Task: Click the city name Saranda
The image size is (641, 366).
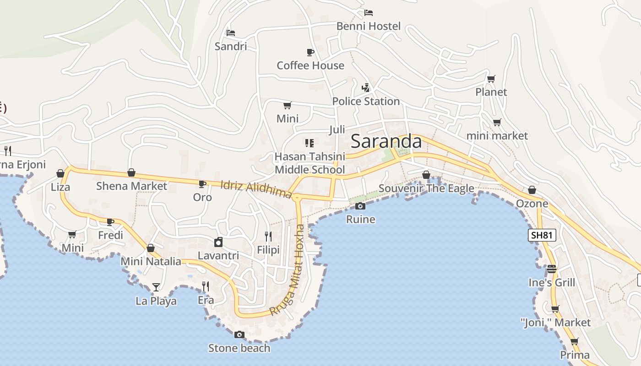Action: [386, 141]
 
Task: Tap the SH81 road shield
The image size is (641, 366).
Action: [542, 236]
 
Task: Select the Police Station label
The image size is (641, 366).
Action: [366, 102]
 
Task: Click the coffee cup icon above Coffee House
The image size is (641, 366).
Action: [310, 52]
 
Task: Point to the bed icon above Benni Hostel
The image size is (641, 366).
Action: [369, 13]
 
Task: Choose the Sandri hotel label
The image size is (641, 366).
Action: [231, 46]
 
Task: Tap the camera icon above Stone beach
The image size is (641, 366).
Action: [239, 335]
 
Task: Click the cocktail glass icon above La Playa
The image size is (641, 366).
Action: [156, 287]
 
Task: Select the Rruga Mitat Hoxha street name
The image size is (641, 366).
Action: [287, 270]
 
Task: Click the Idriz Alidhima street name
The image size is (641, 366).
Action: [256, 189]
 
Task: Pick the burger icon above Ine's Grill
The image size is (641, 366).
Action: [551, 269]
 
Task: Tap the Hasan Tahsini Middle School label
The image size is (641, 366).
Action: [310, 163]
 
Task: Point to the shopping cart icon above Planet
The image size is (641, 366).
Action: [491, 79]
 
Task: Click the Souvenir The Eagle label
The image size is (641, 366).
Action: [426, 188]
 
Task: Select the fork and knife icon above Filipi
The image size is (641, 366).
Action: [268, 237]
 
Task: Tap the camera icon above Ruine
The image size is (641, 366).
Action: [360, 206]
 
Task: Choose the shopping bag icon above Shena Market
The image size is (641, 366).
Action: [131, 172]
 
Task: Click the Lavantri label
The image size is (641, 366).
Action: [218, 255]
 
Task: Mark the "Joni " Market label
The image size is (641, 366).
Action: [556, 323]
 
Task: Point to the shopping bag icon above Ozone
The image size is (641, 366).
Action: [532, 190]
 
